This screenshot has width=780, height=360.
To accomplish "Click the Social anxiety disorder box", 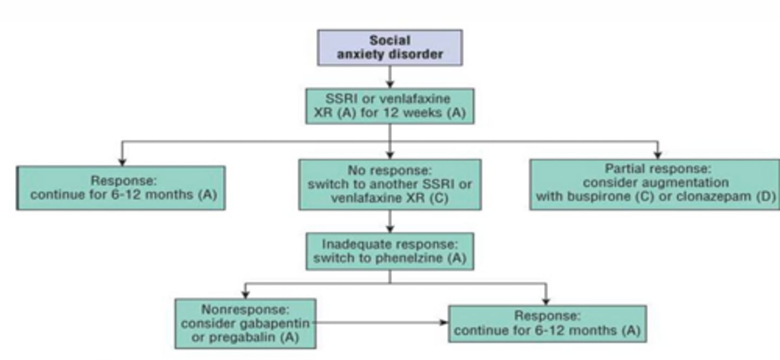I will click(389, 48).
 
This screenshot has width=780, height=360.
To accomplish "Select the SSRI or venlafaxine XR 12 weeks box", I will click(389, 106).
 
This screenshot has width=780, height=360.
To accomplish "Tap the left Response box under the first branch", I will click(121, 188).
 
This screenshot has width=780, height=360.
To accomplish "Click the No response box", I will click(389, 184).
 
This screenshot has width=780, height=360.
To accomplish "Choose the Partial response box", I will click(654, 184).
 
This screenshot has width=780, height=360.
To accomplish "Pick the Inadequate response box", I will click(389, 251).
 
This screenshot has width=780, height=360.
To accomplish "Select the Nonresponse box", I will click(245, 324).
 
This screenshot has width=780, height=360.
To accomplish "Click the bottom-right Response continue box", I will click(547, 324).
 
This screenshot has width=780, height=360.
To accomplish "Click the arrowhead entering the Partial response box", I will click(658, 155).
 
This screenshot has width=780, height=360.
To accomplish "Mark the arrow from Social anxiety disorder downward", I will click(389, 77).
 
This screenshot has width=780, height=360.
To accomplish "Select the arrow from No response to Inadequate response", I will click(389, 221).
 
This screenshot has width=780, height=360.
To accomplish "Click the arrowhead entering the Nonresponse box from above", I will click(245, 294).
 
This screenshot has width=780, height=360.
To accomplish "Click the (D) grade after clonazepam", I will click(766, 197).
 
